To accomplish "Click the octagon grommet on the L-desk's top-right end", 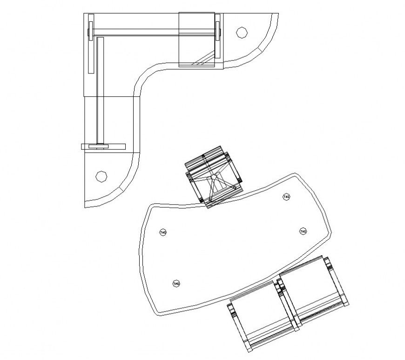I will [241, 33].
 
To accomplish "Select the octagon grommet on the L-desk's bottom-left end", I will [100, 176].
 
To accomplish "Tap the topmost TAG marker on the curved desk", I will [287, 197].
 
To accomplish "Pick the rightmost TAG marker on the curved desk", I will [303, 231].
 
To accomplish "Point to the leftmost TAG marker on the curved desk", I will [163, 232].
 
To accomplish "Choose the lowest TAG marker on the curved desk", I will [176, 283].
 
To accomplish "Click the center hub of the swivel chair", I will [213, 178].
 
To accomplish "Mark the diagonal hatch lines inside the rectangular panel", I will [203, 58].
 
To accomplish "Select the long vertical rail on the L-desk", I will [100, 88].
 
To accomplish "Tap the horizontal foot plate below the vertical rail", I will [103, 147].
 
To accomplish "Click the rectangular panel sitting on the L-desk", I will [196, 40].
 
